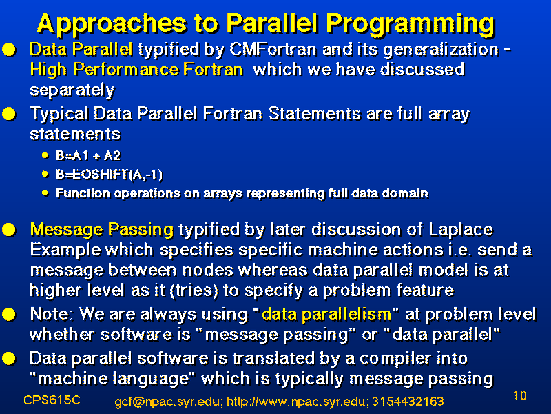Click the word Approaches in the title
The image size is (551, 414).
coord(112,24)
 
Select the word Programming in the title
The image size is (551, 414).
coord(410,25)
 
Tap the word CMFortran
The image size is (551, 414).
coord(273,49)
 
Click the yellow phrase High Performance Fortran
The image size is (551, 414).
coord(136,70)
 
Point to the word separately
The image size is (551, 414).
coord(72,90)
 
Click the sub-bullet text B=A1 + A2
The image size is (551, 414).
coord(88,156)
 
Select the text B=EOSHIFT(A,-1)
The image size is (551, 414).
coord(110,175)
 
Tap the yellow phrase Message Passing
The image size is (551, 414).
coord(102,230)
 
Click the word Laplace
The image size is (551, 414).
coord(461,230)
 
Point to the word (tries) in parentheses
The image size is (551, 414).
coord(194,290)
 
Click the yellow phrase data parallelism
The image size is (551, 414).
coord(326,314)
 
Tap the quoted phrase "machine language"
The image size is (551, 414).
coord(112,379)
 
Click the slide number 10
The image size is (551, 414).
coord(520,395)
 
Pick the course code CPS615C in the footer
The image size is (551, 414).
coord(52,400)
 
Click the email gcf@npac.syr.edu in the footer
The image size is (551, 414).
coord(168,402)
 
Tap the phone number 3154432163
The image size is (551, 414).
coord(408,402)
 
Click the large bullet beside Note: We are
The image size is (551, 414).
coord(9,315)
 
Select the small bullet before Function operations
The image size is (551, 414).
coord(45,193)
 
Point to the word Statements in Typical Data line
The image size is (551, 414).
coord(315,114)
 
